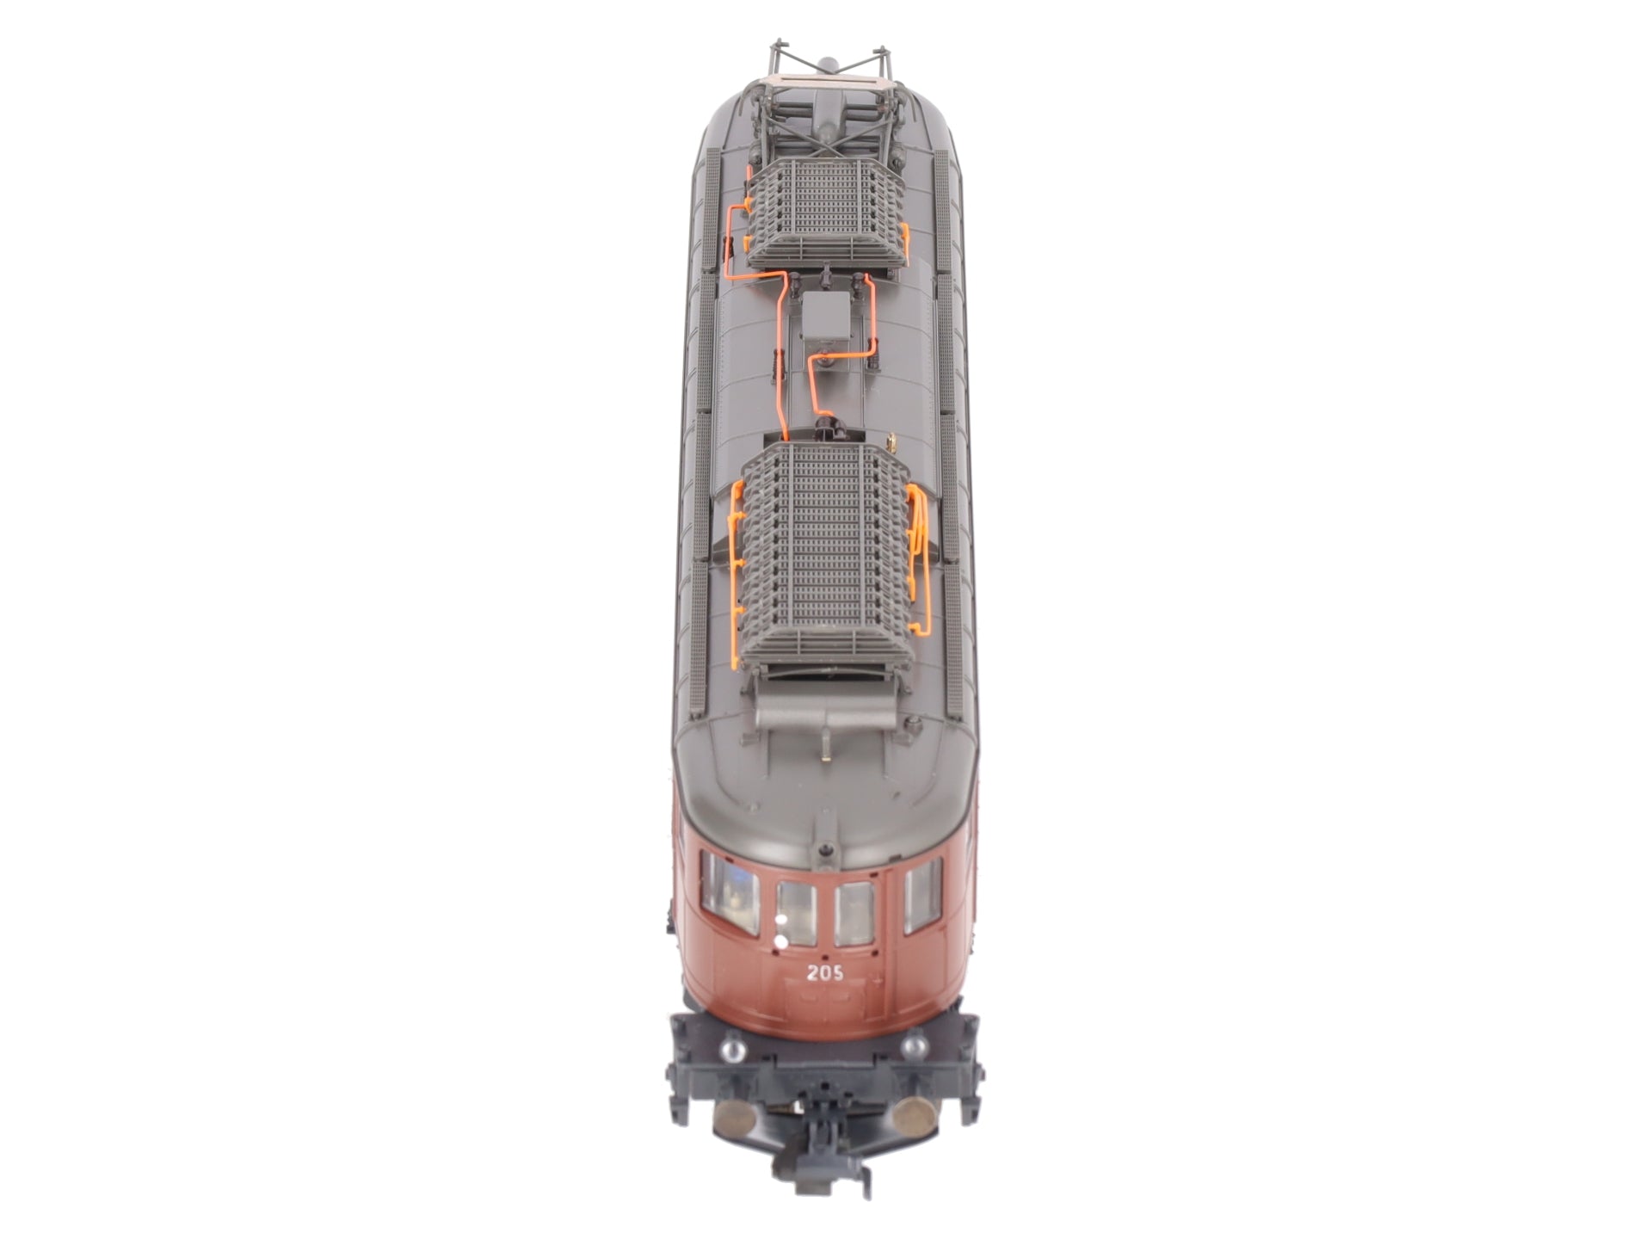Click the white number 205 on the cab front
pyautogui.click(x=824, y=973)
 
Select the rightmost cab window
pyautogui.click(x=922, y=896)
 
